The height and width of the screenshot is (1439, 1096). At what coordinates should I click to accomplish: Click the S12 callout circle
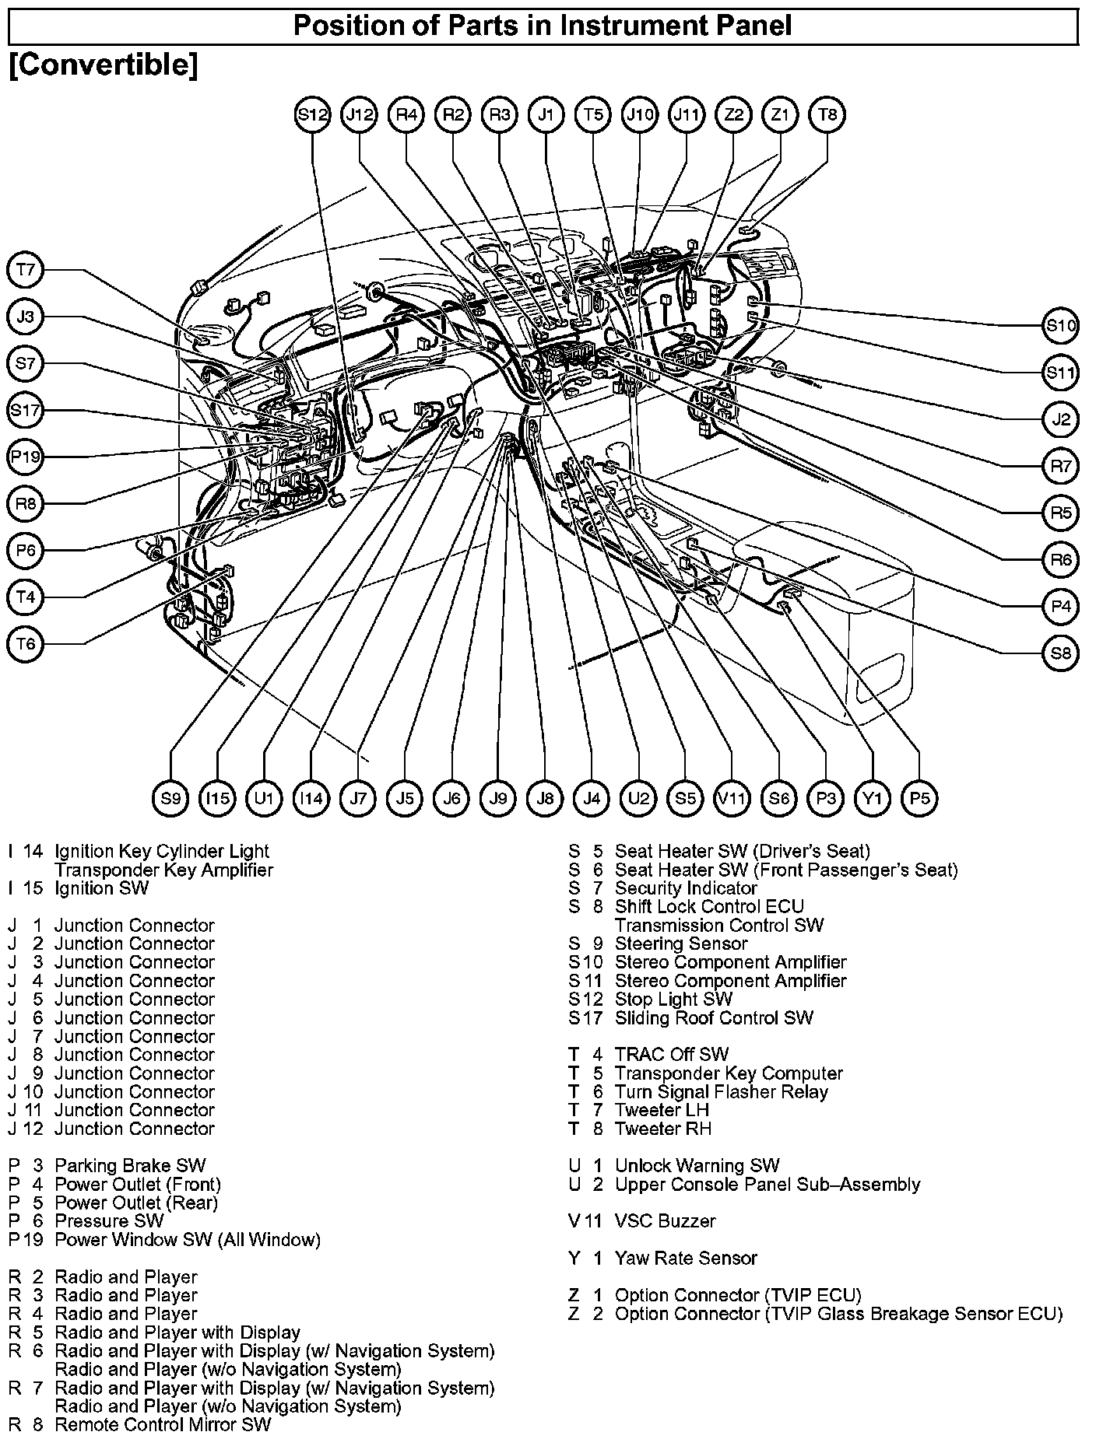(x=313, y=115)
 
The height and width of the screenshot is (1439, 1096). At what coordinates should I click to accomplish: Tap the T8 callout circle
(x=827, y=115)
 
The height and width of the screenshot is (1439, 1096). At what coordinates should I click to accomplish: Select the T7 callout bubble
(x=26, y=270)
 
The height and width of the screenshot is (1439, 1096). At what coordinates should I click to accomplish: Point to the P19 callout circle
(x=26, y=457)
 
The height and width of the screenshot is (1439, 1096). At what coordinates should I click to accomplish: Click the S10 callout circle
(x=1060, y=326)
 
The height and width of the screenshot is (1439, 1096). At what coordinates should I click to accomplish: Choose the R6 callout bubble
(x=1060, y=559)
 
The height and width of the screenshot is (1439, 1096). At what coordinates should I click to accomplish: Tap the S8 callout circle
(x=1060, y=653)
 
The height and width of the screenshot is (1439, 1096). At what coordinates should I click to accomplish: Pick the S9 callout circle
(x=170, y=798)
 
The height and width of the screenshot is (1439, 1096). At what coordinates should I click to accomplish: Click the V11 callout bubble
(x=732, y=798)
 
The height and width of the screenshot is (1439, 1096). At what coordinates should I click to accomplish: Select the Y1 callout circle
(x=872, y=798)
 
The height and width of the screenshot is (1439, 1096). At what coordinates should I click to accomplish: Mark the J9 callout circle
(x=498, y=798)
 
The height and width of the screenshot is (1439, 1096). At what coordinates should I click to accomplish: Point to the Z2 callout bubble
(x=733, y=115)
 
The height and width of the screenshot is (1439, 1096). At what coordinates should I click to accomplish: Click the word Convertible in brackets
(x=103, y=65)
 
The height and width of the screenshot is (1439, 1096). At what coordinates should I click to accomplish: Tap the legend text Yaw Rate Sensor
(x=685, y=1259)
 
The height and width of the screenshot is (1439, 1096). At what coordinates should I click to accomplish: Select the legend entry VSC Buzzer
(x=664, y=1221)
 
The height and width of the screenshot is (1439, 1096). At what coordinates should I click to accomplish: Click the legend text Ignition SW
(x=101, y=888)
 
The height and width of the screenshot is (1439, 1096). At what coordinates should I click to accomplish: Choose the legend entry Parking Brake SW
(x=130, y=1166)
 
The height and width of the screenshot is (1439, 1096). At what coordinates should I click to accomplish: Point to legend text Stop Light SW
(x=673, y=1000)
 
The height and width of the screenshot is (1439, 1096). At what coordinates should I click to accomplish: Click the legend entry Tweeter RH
(x=662, y=1129)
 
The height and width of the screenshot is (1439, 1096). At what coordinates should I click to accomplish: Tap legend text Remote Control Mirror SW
(x=163, y=1425)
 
